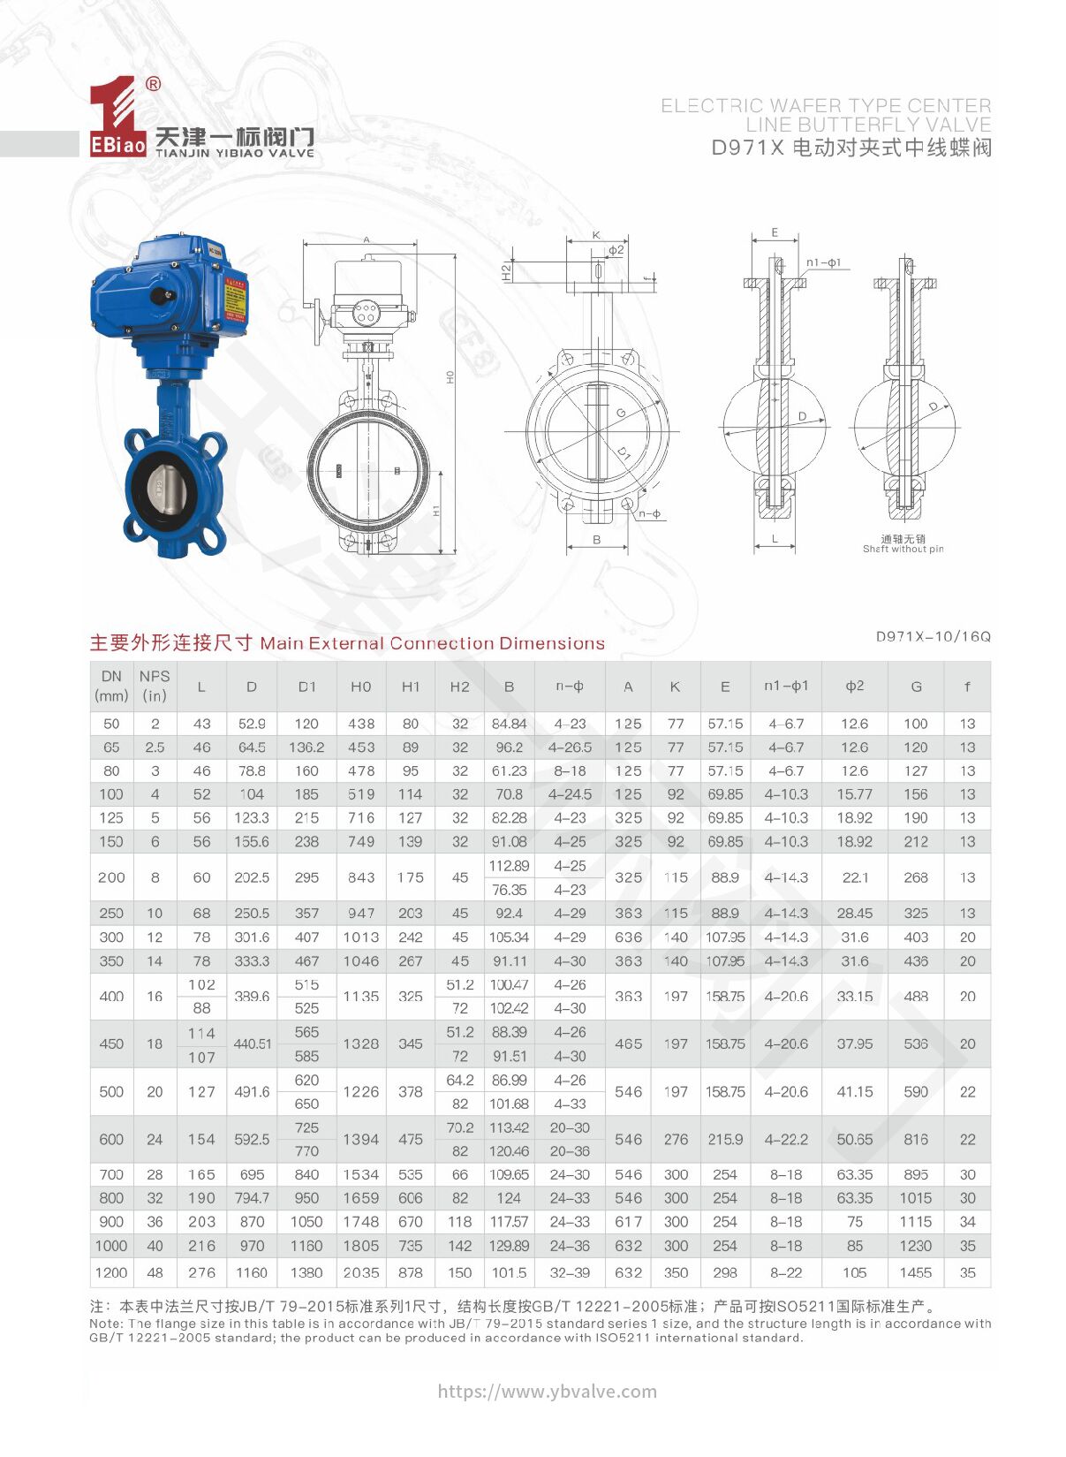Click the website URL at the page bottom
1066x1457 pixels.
[x=548, y=1392]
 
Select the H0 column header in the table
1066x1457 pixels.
[x=360, y=687]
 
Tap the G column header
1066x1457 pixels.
[x=916, y=687]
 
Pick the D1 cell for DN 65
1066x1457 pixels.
[x=306, y=747]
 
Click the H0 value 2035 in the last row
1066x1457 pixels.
[x=360, y=1272]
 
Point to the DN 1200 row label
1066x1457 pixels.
[x=111, y=1272]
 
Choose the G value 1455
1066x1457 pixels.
[x=916, y=1272]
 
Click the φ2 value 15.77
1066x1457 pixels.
[x=855, y=794]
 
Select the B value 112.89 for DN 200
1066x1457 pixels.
[x=509, y=866]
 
